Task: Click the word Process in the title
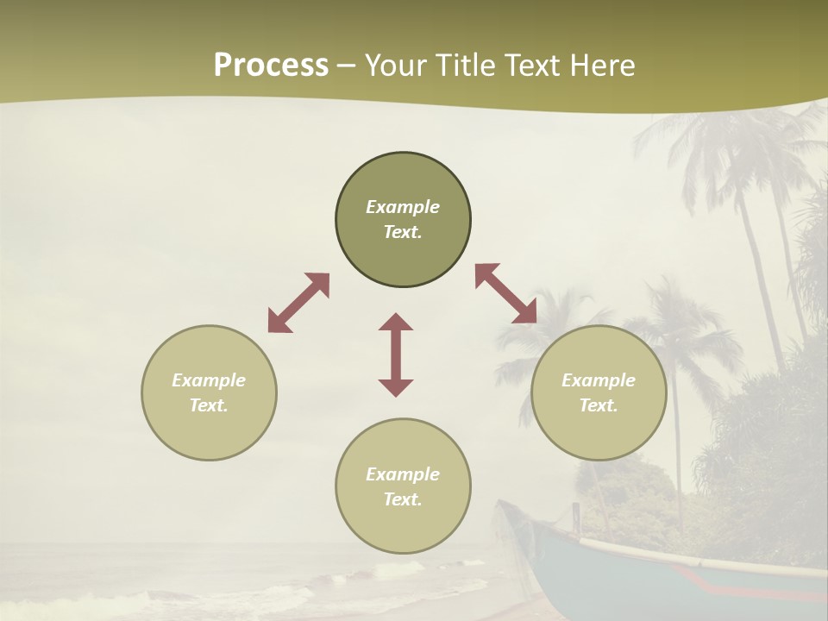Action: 271,66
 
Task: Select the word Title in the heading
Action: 464,66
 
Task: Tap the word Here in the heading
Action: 601,66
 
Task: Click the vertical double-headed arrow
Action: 396,354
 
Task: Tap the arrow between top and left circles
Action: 298,303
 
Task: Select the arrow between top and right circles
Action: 506,293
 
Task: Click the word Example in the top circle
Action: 403,207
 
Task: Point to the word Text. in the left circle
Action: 209,405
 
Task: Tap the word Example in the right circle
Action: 599,380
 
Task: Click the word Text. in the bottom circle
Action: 403,499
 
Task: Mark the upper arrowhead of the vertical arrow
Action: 396,322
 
